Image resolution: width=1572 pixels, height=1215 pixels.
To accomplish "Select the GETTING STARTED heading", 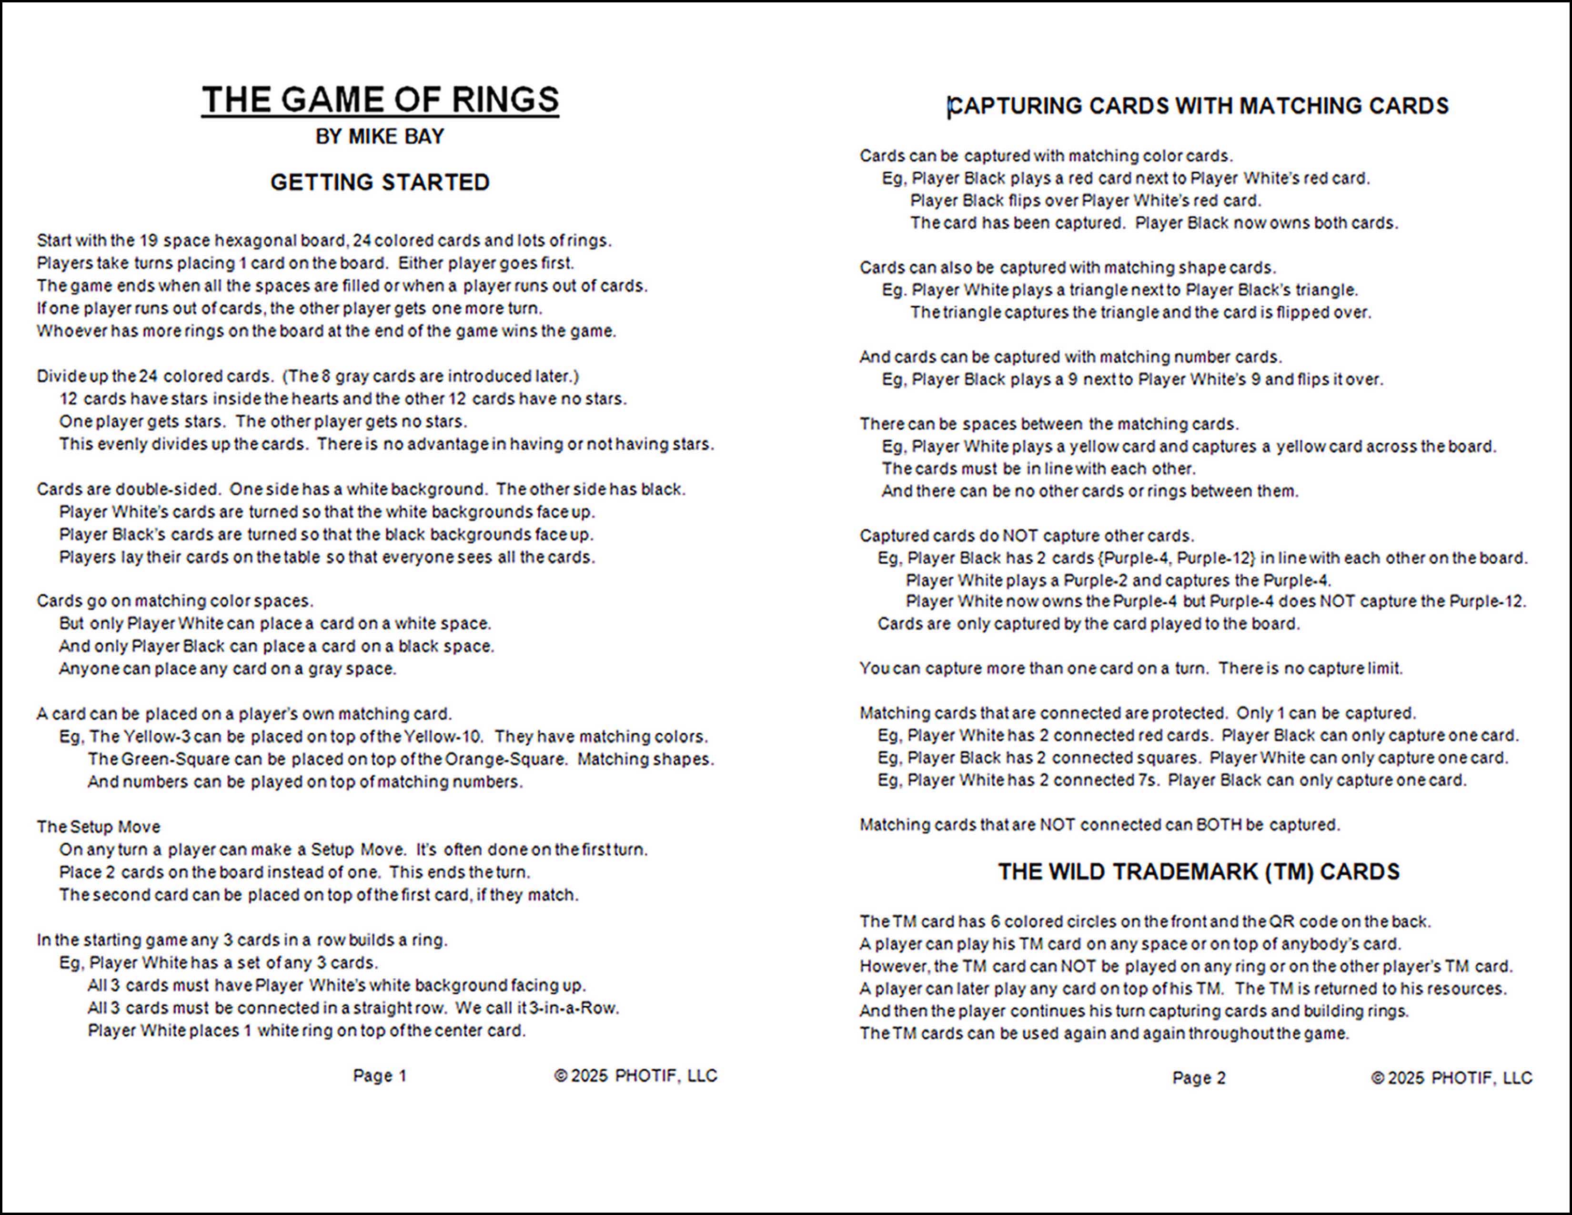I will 380,182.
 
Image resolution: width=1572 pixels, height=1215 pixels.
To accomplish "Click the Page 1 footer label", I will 379,1075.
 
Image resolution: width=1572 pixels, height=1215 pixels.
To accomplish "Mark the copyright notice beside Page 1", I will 635,1075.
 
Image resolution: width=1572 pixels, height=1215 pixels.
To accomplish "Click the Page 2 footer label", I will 1199,1077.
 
